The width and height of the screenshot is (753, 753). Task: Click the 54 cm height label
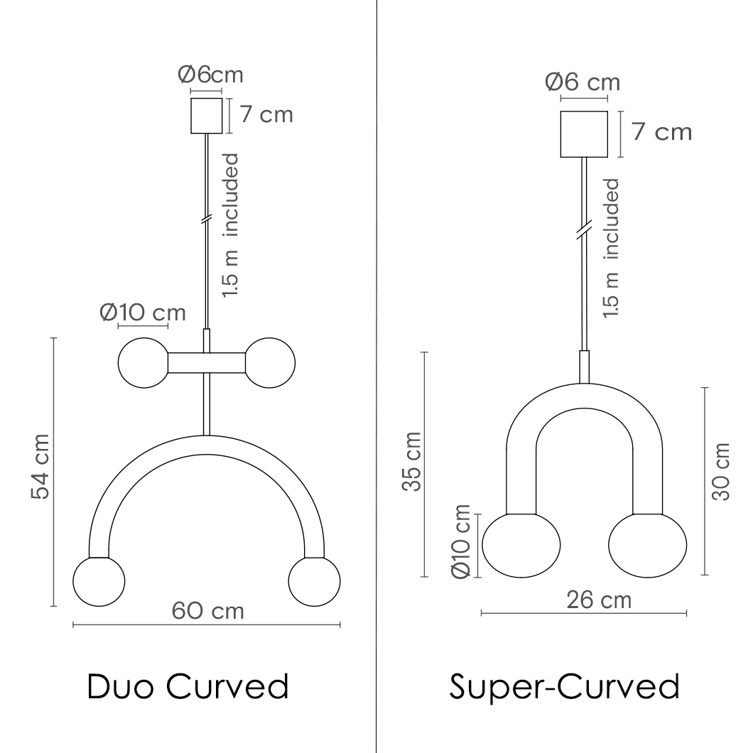coord(40,467)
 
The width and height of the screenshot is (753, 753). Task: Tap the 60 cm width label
coord(208,612)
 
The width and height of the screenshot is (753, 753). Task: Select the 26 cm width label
coord(599,600)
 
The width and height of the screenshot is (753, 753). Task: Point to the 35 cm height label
coord(411,462)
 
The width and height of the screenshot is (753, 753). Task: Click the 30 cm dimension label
coord(721,472)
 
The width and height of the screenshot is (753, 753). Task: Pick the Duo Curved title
coord(188,686)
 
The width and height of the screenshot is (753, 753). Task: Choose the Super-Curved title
coord(564,687)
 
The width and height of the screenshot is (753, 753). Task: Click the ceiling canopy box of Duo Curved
coord(207,116)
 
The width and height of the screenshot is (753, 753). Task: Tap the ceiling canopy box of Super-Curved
coord(584,134)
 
